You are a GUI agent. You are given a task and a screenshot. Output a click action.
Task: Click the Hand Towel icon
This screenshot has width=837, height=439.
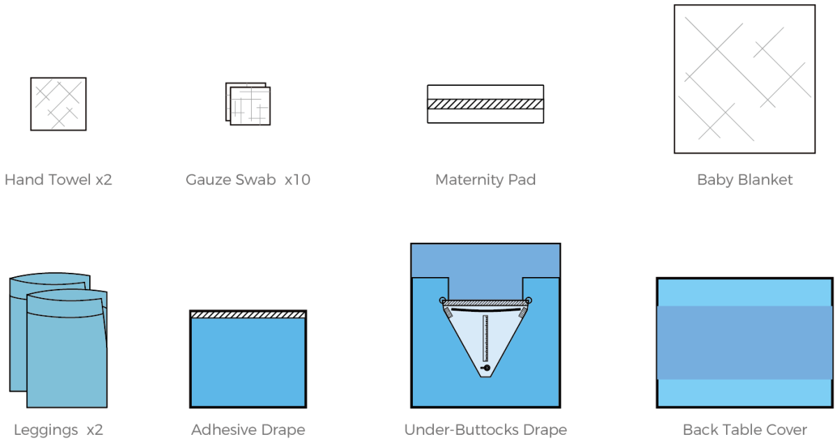(58, 104)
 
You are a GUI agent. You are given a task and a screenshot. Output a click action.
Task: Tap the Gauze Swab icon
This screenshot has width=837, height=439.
(248, 105)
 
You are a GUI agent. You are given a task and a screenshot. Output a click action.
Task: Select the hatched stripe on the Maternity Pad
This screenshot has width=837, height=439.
(485, 104)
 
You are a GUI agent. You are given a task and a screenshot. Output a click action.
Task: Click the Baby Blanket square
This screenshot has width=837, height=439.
(744, 79)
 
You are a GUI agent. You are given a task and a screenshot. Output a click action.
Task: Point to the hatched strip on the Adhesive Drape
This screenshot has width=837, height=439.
(248, 315)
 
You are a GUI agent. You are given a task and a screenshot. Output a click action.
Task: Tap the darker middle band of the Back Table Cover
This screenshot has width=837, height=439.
(744, 342)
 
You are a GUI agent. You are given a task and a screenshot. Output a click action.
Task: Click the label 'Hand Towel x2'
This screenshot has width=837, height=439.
(58, 180)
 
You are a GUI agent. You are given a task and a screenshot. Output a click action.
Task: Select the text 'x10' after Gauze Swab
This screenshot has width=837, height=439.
(297, 180)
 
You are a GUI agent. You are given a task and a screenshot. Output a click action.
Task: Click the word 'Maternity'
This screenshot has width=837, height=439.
(463, 180)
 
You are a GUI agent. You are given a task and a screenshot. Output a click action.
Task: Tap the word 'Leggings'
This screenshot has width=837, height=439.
(46, 430)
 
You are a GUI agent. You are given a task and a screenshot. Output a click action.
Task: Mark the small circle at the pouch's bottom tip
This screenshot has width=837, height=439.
(486, 368)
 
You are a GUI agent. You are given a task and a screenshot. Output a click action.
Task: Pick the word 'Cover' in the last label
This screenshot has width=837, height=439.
(787, 430)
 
